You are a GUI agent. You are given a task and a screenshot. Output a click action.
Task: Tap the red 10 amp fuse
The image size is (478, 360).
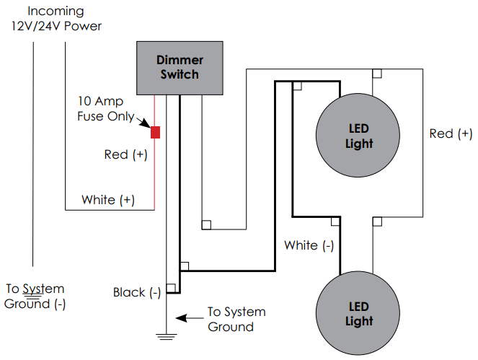pyautogui.click(x=155, y=132)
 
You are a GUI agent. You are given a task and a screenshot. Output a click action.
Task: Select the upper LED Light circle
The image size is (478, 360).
pyautogui.click(x=358, y=136)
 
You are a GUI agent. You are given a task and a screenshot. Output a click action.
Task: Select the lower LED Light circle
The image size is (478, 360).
pyautogui.click(x=358, y=314)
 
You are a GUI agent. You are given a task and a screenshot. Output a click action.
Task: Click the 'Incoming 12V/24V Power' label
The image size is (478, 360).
pyautogui.click(x=56, y=19)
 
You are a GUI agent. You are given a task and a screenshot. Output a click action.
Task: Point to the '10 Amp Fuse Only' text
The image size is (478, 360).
pyautogui.click(x=105, y=109)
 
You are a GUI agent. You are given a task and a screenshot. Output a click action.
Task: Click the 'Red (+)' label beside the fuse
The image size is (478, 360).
pyautogui.click(x=126, y=154)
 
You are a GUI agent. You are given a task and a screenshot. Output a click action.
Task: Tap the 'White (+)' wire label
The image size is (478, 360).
pyautogui.click(x=107, y=199)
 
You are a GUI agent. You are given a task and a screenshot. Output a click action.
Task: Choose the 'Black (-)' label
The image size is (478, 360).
pyautogui.click(x=137, y=292)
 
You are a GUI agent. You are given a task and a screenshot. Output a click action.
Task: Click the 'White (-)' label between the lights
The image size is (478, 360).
pyautogui.click(x=309, y=245)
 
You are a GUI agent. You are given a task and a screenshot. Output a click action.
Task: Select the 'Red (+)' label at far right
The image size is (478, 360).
pyautogui.click(x=451, y=133)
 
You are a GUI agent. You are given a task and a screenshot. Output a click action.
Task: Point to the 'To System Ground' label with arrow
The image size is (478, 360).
pyautogui.click(x=236, y=319)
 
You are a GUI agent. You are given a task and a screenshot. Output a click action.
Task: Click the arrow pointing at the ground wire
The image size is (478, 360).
pyautogui.click(x=189, y=317)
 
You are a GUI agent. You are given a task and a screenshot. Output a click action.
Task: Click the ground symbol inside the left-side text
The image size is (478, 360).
pyautogui.click(x=33, y=292)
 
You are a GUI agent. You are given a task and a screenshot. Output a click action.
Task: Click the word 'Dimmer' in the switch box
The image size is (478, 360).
pyautogui.click(x=180, y=61)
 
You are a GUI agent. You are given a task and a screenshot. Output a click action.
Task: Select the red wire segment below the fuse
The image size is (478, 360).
pyautogui.click(x=155, y=173)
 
